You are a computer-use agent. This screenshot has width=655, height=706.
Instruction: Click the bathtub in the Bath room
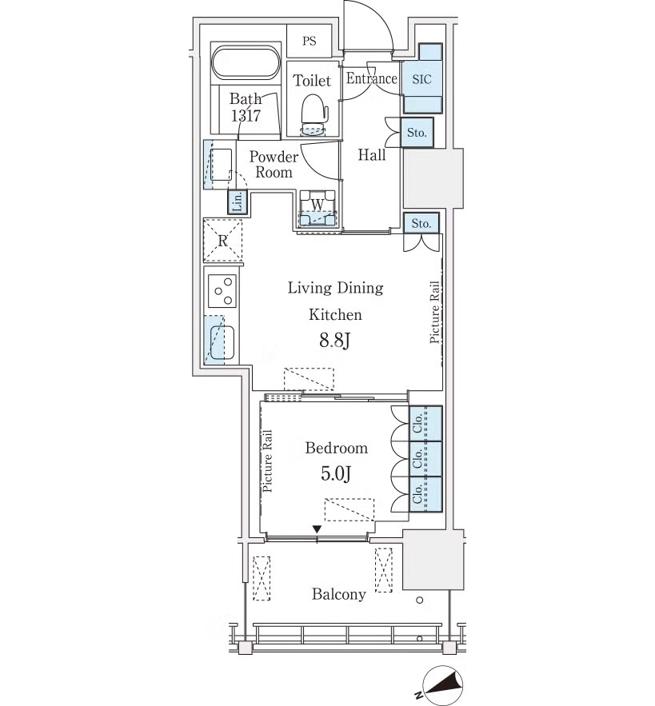[246, 62]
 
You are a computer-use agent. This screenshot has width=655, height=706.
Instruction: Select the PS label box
[309, 41]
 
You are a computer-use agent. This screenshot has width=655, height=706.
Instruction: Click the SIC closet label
[421, 79]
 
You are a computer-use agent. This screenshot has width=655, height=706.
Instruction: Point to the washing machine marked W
[318, 208]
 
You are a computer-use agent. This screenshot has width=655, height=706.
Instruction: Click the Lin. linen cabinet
[237, 201]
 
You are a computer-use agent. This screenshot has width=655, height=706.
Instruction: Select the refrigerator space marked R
[222, 241]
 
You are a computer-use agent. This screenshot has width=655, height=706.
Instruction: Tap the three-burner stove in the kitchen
[222, 291]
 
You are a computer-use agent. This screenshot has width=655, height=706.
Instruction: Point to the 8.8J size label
[335, 341]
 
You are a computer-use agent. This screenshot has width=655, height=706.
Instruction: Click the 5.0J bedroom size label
[336, 473]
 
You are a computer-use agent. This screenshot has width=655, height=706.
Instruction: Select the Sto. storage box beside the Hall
[417, 133]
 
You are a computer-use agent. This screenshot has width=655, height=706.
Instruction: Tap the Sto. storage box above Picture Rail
[421, 223]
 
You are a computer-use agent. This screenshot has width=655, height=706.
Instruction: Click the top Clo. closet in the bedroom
[425, 423]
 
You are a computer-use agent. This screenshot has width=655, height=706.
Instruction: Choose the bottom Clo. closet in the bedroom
[425, 494]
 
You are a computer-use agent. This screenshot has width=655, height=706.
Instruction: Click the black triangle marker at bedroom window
[318, 529]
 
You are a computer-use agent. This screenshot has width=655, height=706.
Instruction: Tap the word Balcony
[339, 594]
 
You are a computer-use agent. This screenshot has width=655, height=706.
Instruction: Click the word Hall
[372, 155]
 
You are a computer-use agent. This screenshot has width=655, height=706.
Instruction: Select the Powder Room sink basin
[222, 165]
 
